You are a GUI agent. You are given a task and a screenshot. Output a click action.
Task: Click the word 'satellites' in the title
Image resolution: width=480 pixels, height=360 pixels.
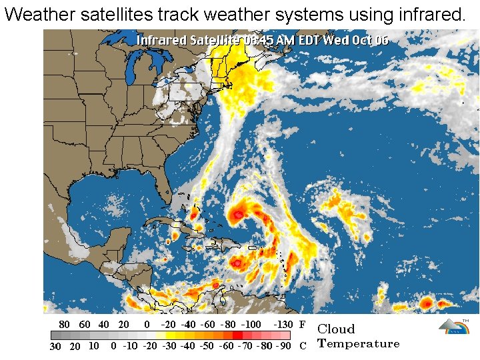[121, 15]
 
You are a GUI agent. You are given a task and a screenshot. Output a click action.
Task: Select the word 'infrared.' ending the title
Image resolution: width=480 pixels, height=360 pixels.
[429, 15]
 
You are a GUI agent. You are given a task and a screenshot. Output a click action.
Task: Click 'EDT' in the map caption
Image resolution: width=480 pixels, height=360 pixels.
[309, 40]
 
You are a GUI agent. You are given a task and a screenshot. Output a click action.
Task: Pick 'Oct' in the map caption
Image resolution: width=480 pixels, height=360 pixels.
[361, 40]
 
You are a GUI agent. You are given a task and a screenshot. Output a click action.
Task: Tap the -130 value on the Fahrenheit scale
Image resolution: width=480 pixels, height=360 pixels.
[283, 325]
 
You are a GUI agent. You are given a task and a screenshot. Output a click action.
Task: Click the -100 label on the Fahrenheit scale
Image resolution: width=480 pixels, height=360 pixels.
[251, 325]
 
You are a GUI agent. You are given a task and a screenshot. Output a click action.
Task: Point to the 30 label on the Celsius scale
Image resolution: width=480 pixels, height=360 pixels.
[56, 347]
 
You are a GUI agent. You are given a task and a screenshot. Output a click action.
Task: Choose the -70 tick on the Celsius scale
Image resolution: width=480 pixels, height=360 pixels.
[246, 347]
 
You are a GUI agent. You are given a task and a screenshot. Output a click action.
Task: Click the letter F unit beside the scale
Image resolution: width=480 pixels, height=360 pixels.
[302, 325]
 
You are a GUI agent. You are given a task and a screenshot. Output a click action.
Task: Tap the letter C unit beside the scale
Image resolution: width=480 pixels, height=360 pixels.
[303, 347]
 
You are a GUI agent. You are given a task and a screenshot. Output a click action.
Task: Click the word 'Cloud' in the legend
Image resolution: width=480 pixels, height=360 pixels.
[336, 329]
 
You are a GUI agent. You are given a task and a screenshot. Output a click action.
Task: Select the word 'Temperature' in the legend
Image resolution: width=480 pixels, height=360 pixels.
[359, 344]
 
